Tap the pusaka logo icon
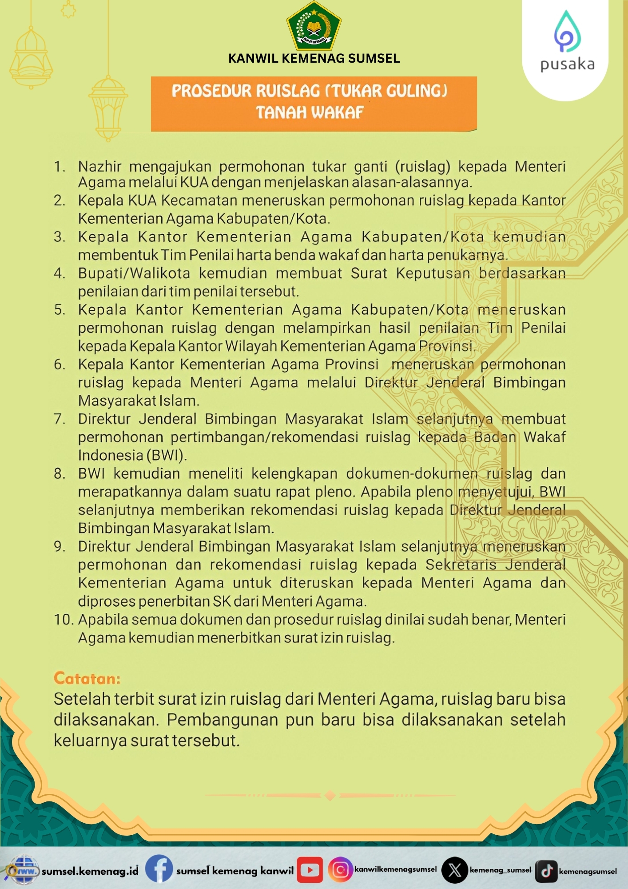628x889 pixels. click(x=567, y=32)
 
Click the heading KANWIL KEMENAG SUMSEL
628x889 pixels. click(x=314, y=58)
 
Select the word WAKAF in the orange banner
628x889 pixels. click(x=338, y=112)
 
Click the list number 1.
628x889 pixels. click(x=59, y=166)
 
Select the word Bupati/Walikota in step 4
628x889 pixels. click(x=134, y=273)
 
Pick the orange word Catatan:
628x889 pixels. click(x=87, y=678)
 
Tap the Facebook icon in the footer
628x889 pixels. click(x=159, y=869)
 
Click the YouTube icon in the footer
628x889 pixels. click(x=310, y=870)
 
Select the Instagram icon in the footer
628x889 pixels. click(x=340, y=869)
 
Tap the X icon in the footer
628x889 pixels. click(x=454, y=870)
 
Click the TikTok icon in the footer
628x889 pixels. click(x=546, y=870)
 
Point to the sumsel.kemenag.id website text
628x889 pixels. click(x=90, y=871)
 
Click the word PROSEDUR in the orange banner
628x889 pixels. click(x=211, y=91)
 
